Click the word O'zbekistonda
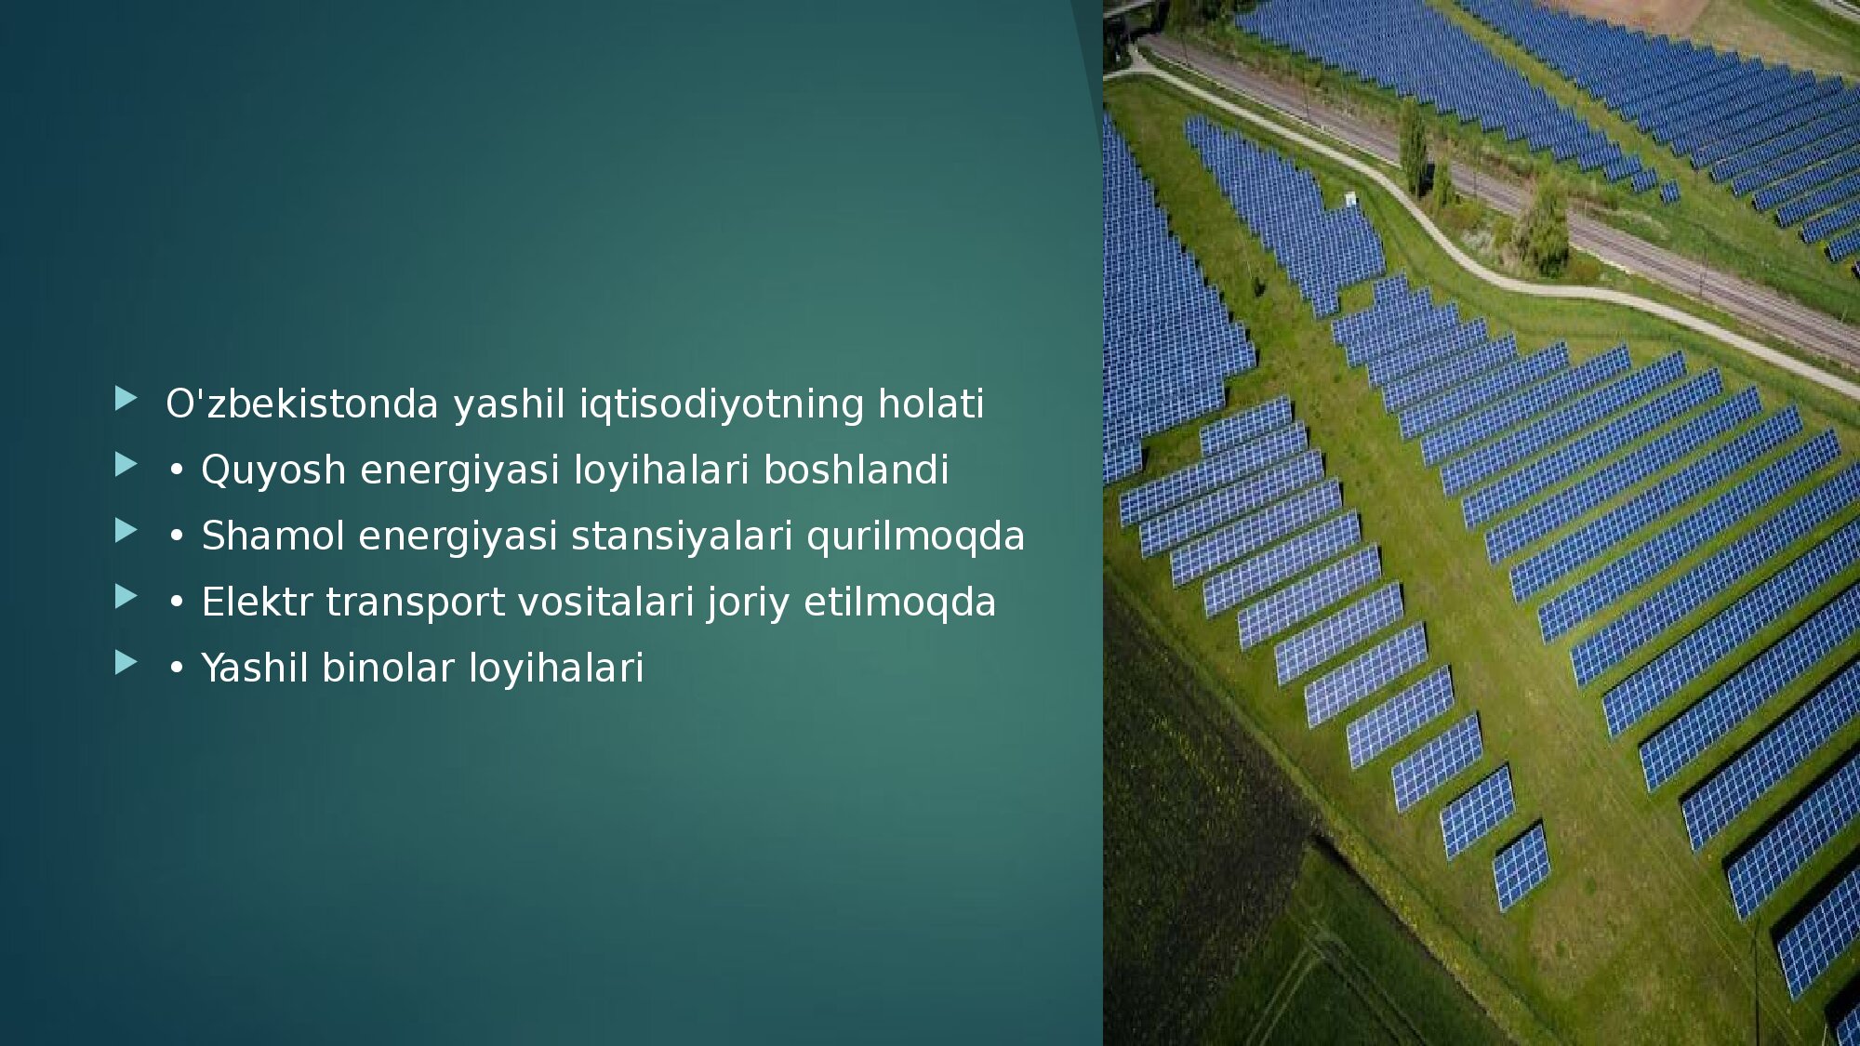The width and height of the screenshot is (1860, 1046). tap(301, 404)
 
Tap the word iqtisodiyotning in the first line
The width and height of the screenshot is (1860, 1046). tap(722, 405)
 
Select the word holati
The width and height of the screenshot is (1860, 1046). tap(931, 404)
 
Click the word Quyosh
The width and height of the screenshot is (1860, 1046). tap(273, 471)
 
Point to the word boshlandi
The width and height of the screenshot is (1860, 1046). tap(856, 470)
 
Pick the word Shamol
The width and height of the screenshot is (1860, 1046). tap(272, 536)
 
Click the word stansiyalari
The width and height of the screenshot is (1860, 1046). tap(681, 536)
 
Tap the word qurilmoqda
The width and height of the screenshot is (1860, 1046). tap(915, 537)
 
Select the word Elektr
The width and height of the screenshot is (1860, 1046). tap(257, 602)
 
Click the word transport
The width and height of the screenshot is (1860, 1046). tap(415, 603)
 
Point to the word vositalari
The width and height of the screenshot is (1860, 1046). tap(605, 602)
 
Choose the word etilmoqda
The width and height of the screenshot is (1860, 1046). tap(899, 603)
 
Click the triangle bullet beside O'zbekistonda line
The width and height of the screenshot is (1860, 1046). tap(126, 399)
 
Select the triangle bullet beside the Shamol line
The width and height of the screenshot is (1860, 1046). tap(126, 531)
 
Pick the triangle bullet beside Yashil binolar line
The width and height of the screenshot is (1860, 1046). tap(126, 663)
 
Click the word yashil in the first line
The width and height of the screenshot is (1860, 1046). tap(509, 405)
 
